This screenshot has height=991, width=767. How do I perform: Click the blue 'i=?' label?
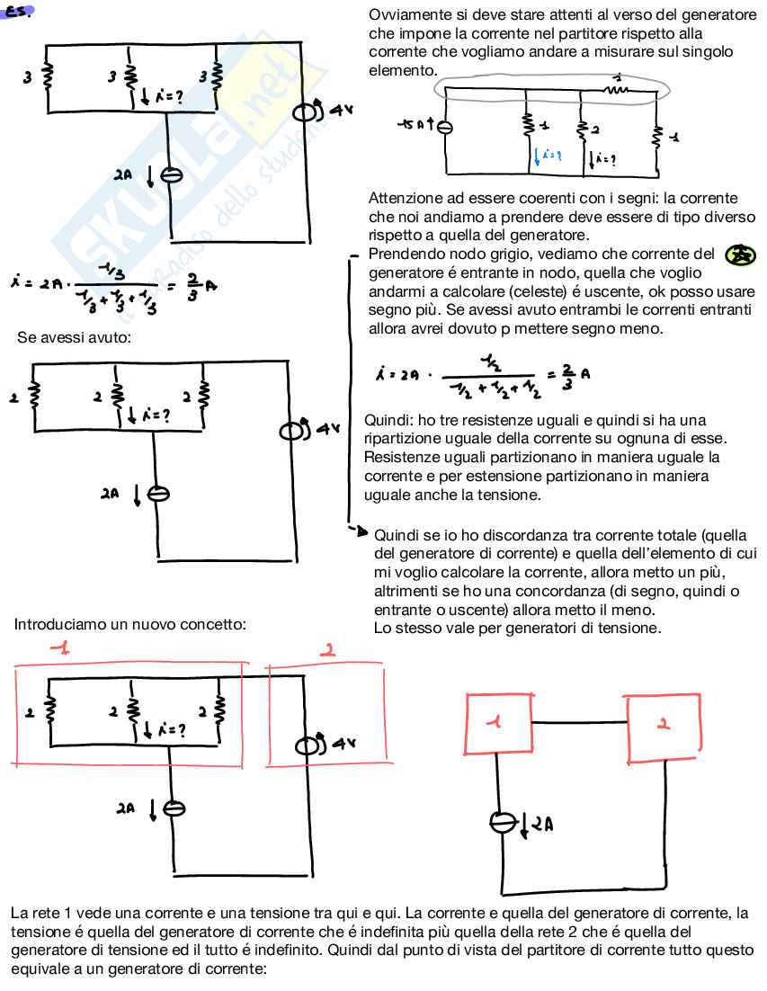pyautogui.click(x=548, y=156)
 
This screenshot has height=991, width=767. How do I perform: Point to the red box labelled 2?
pyautogui.click(x=664, y=723)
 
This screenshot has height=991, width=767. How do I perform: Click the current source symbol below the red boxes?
pyautogui.click(x=502, y=822)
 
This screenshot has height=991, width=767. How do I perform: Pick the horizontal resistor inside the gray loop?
pyautogui.click(x=617, y=89)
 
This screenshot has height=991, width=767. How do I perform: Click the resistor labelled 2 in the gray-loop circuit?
pyautogui.click(x=582, y=130)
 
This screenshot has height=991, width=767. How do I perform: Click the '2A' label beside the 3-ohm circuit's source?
pyautogui.click(x=123, y=176)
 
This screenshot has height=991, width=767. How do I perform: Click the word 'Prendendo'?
pyautogui.click(x=403, y=254)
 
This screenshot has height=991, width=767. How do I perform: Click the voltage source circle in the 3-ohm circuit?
pyautogui.click(x=306, y=112)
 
